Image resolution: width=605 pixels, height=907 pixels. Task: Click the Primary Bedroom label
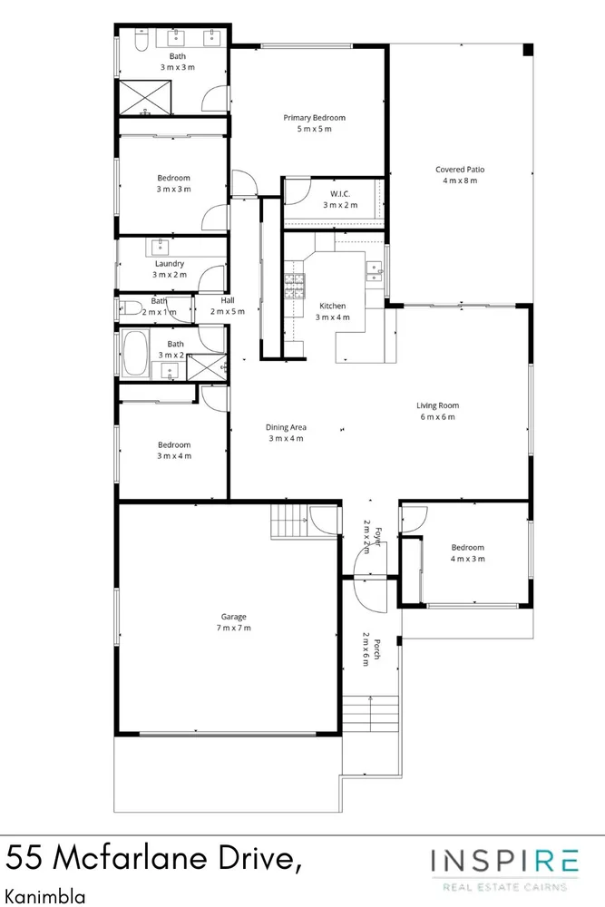tap(314, 117)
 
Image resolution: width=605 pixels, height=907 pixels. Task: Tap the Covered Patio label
tap(460, 170)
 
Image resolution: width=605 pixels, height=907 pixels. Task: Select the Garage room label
tap(234, 617)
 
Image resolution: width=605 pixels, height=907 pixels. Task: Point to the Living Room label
tap(438, 405)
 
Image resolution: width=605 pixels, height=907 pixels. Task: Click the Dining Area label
tap(286, 427)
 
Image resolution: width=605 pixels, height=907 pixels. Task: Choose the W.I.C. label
tap(340, 194)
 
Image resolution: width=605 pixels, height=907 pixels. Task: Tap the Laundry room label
tap(170, 264)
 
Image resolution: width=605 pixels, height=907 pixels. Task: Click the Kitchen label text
tap(333, 306)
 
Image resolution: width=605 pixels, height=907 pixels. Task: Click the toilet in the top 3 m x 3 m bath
tap(141, 40)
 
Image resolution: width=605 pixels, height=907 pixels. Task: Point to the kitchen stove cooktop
tap(294, 286)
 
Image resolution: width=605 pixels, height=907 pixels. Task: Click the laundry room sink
tap(160, 248)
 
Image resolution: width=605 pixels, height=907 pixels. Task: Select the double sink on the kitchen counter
tap(375, 270)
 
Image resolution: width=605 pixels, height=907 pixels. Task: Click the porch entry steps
tap(371, 715)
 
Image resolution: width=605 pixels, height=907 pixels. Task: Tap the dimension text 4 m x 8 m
tap(460, 180)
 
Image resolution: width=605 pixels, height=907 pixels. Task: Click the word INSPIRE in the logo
tap(504, 862)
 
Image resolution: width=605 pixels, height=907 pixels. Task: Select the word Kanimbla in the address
tap(45, 896)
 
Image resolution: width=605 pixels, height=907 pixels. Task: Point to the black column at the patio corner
tap(528, 50)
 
